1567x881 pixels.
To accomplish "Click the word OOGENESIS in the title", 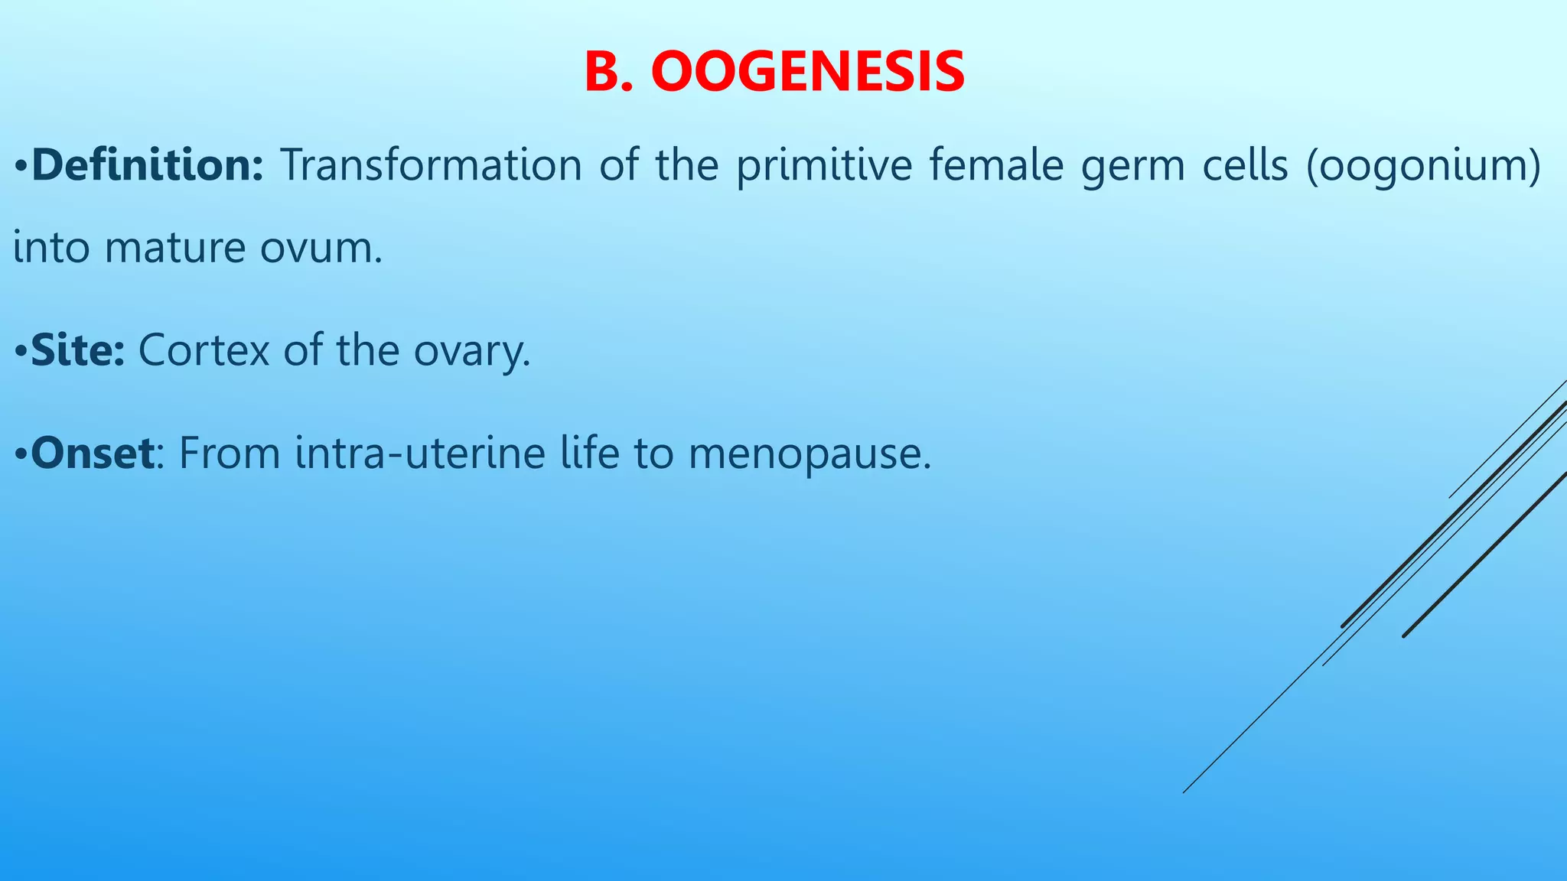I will click(807, 72).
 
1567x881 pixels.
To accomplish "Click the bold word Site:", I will click(77, 350).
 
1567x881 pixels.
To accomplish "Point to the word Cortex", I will click(204, 350).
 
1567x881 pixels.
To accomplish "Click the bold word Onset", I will click(93, 453).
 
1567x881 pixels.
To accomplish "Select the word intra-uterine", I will click(419, 453).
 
